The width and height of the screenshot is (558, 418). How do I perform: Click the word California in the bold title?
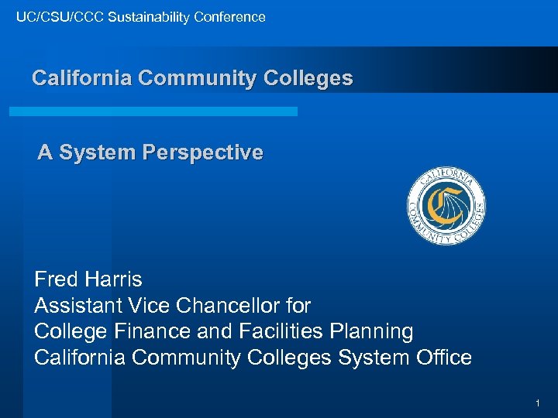(x=80, y=78)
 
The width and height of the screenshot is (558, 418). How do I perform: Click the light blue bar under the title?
(x=153, y=111)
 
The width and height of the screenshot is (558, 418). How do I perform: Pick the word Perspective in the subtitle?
(x=202, y=152)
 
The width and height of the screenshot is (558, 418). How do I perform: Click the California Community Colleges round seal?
(x=446, y=206)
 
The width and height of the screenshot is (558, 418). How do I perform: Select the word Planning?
(x=370, y=332)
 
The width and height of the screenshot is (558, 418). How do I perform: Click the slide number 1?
(x=536, y=403)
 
